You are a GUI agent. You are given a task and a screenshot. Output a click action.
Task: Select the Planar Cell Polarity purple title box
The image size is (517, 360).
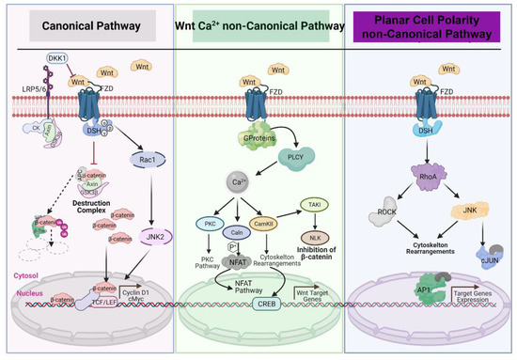[x=430, y=29]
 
